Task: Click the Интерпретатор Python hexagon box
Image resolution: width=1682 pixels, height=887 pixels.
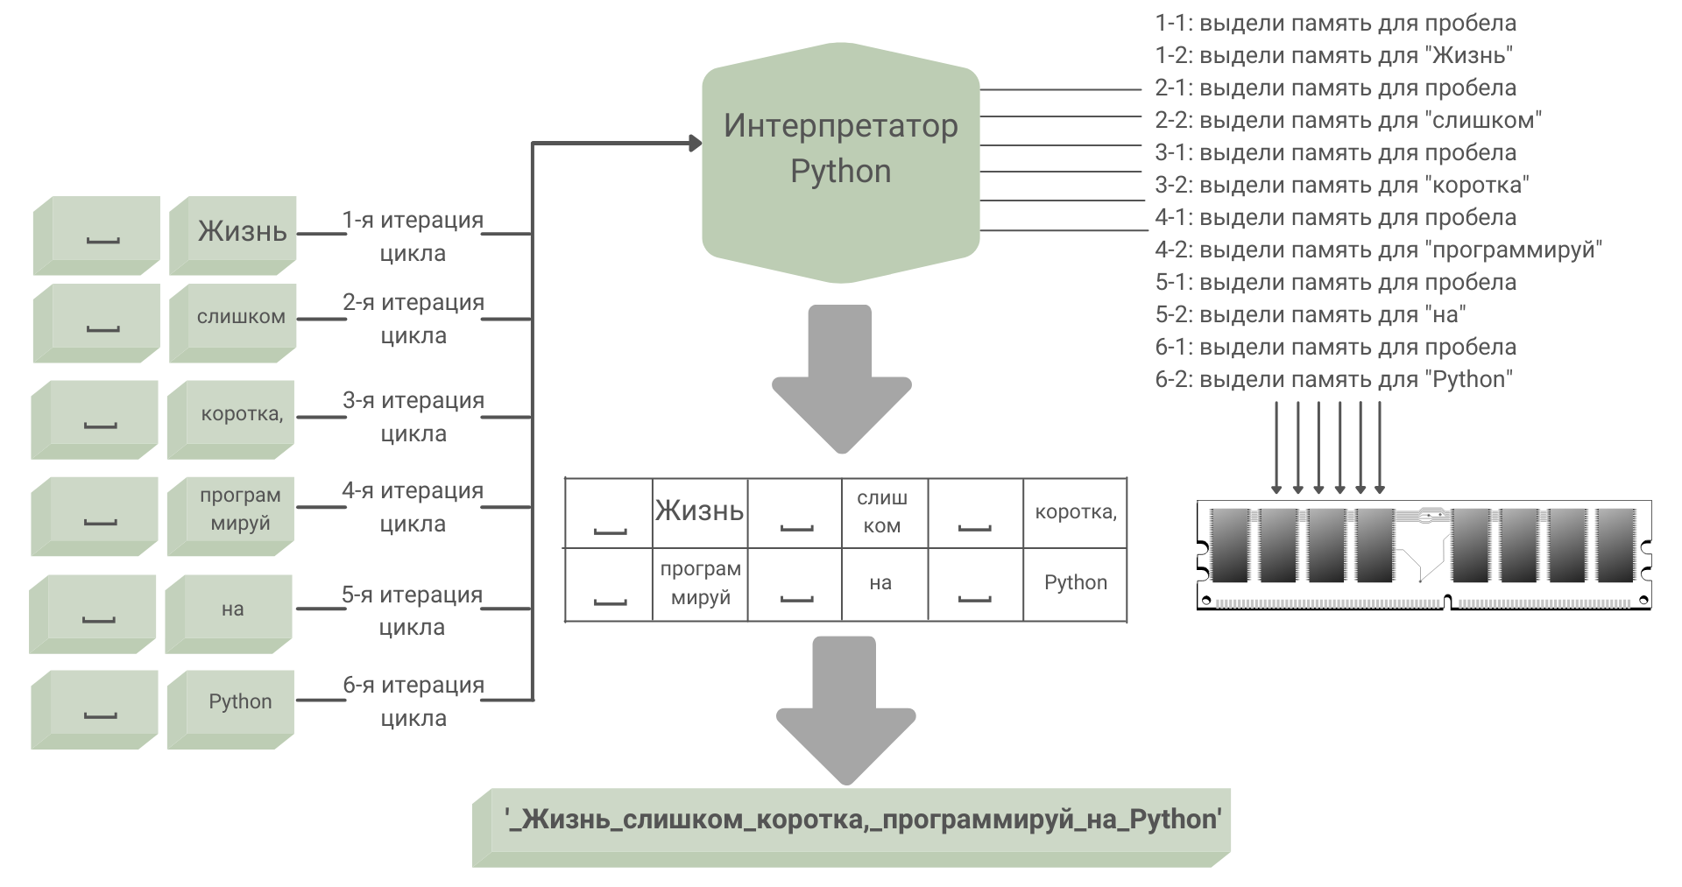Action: pos(840,161)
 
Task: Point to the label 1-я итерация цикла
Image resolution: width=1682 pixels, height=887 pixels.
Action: pos(413,236)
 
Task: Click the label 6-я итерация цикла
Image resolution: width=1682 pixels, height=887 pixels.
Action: pos(413,701)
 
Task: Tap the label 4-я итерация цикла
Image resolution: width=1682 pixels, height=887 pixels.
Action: pos(413,507)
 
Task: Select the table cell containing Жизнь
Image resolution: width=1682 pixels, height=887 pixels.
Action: pos(700,512)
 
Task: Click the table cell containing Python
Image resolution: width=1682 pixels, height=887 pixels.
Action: pos(1075,584)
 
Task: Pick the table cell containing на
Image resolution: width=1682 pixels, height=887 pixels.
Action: pos(880,584)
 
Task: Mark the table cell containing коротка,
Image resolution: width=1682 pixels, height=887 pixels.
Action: pos(1075,512)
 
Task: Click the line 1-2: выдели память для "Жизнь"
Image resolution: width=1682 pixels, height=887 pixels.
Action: pos(1333,55)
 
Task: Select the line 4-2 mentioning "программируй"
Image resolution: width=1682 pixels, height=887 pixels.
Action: pos(1378,250)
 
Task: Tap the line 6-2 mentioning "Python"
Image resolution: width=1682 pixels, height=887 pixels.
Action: pos(1333,379)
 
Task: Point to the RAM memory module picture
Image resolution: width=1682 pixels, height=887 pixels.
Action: pos(1424,555)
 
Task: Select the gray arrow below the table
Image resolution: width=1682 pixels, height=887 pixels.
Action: pos(845,709)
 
